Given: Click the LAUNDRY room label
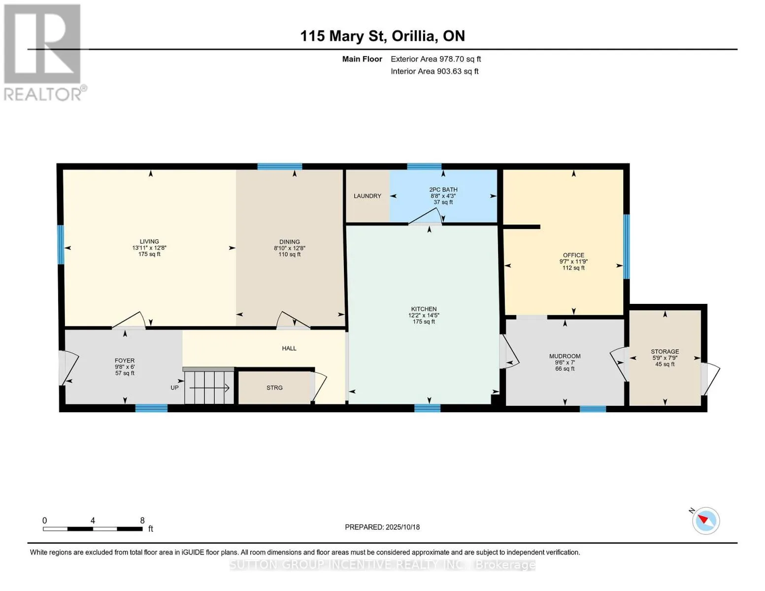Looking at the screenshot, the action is tap(367, 196).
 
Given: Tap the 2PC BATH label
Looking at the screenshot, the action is tap(443, 190).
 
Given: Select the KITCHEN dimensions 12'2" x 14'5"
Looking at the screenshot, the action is tap(424, 315).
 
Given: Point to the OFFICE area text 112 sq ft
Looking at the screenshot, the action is tap(573, 268).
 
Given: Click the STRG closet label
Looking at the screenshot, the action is tap(274, 388).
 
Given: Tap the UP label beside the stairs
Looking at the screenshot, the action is tap(174, 388).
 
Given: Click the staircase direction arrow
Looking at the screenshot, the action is tap(209, 388).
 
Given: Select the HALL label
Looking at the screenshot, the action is tap(289, 348).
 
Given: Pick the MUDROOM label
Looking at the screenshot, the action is tap(565, 356).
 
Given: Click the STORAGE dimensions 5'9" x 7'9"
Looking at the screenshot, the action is tap(665, 358).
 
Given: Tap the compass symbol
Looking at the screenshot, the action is tap(705, 521).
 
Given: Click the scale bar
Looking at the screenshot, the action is tap(93, 529).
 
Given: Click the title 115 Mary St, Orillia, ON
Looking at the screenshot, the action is tap(382, 36).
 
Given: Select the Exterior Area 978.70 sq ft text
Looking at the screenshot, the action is tap(435, 59).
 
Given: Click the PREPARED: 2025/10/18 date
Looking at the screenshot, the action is tap(382, 527).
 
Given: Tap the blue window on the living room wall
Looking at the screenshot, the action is tap(61, 245).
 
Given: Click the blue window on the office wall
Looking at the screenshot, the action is tap(626, 247).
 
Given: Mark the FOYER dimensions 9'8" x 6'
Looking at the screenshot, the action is tap(125, 367).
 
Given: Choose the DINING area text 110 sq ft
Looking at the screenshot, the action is tap(289, 255).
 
